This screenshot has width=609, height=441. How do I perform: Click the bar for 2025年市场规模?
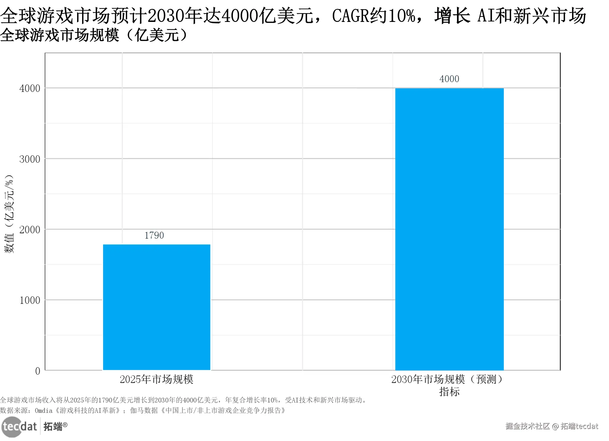156,307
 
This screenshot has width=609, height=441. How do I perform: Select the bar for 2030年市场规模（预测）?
449,229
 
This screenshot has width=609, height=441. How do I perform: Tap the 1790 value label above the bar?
154,235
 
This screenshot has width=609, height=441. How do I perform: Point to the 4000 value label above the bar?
449,79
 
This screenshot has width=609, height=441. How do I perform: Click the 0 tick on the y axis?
38,371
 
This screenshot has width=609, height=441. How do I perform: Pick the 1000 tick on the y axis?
30,300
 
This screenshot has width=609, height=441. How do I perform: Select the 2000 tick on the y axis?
30,230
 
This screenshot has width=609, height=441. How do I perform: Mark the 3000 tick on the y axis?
30,159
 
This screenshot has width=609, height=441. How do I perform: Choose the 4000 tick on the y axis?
30,88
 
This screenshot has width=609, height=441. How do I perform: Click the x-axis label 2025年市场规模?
156,379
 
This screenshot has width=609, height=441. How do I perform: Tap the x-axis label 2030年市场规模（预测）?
447,379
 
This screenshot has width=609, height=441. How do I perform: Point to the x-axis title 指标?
449,392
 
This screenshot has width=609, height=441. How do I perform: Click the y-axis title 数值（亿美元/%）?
9,213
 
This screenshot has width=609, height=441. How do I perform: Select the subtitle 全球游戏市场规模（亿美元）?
94,35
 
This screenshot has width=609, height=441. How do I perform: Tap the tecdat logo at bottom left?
19,427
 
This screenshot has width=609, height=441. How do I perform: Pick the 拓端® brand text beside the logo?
55,426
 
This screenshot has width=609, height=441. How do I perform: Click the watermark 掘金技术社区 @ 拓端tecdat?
552,426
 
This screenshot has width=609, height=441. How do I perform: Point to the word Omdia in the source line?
44,410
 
